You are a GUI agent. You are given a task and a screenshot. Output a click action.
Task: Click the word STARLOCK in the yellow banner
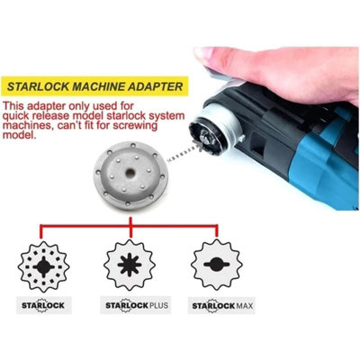pos(38,86)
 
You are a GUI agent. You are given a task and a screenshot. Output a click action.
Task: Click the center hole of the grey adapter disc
pos(130,173)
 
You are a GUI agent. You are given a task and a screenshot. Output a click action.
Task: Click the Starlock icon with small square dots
pos(44,266)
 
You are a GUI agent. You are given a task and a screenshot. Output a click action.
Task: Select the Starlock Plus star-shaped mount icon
pos(130,265)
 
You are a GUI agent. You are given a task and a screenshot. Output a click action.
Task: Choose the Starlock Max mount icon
pos(217,265)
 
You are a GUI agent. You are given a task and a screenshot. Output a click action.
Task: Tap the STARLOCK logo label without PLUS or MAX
pos(44,305)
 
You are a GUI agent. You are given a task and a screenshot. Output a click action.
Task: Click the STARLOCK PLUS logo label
pos(136,305)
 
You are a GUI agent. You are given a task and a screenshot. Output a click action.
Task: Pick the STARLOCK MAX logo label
pos(221,306)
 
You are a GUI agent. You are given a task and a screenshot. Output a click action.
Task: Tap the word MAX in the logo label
pos(245,306)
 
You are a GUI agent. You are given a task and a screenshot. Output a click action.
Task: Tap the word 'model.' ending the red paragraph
pos(20,135)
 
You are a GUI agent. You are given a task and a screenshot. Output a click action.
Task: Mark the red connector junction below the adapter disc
pos(130,224)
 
